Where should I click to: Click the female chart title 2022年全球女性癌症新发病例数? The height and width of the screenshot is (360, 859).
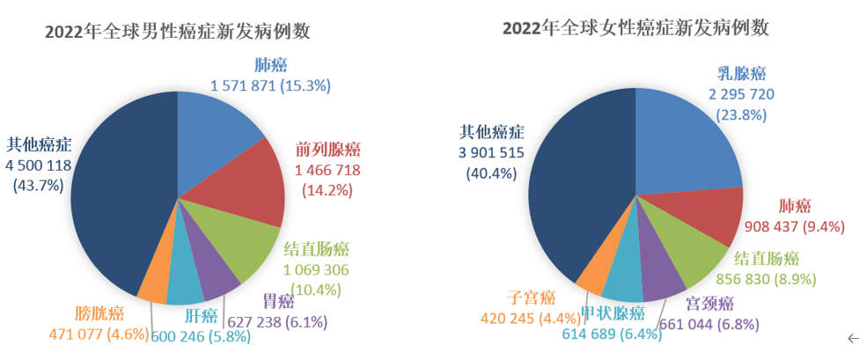(635, 28)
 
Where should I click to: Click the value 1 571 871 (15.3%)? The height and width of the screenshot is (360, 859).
(270, 85)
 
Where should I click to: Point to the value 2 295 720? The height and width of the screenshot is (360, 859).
(740, 93)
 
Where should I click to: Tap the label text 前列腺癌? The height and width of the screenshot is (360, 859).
(328, 151)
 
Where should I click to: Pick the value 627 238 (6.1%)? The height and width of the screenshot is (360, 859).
(277, 322)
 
